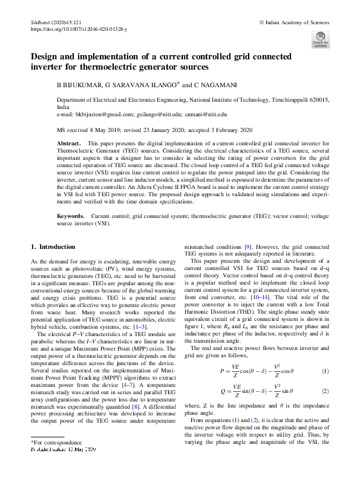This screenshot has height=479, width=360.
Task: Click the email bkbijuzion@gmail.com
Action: (x=103, y=113)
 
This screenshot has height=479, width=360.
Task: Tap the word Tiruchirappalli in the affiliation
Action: (x=286, y=99)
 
